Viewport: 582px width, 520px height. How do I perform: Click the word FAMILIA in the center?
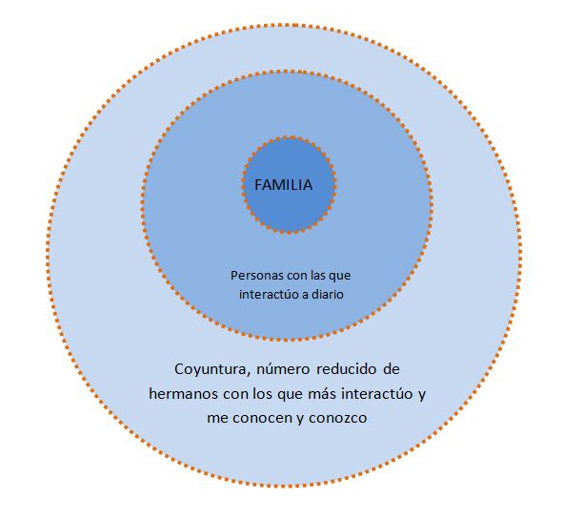click(283, 185)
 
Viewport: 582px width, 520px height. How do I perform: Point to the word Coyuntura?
click(209, 368)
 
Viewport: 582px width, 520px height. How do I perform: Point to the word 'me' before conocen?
click(218, 418)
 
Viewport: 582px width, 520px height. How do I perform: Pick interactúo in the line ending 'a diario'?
click(271, 296)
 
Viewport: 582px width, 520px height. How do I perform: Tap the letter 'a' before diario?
click(304, 296)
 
